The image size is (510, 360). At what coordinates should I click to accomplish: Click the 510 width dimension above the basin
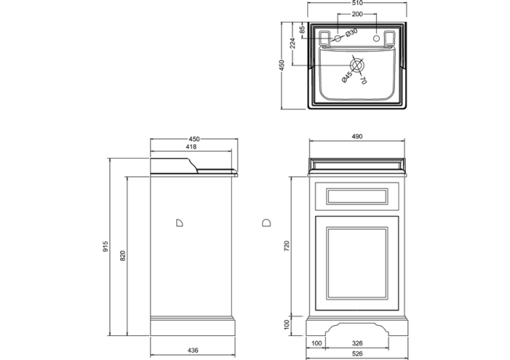click(357, 4)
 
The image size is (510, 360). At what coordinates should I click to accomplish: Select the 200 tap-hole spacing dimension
click(357, 14)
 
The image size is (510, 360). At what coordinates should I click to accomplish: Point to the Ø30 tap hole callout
click(351, 32)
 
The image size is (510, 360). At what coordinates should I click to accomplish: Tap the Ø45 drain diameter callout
click(348, 75)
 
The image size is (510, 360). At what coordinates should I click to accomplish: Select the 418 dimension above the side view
click(193, 147)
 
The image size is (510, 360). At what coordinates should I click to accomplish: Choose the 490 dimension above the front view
click(357, 136)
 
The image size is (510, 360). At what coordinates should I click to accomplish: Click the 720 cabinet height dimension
click(286, 246)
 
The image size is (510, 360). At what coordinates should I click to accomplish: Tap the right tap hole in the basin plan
click(376, 36)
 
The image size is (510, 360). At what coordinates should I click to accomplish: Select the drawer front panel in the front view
click(357, 195)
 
